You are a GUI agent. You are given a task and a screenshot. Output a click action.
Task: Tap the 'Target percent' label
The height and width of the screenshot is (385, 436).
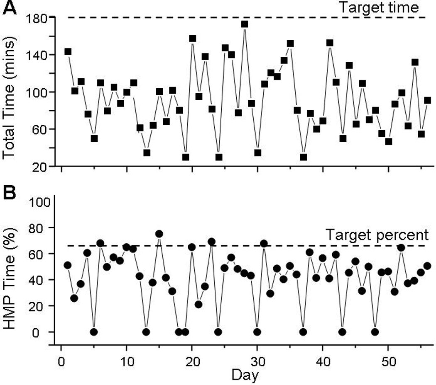(x=376, y=235)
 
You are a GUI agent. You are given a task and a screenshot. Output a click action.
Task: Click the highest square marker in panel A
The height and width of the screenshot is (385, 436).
(x=245, y=24)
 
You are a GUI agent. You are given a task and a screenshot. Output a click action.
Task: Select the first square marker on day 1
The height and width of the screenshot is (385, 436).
(x=68, y=52)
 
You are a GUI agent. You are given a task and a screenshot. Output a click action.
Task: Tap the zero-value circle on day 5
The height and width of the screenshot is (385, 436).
(x=94, y=332)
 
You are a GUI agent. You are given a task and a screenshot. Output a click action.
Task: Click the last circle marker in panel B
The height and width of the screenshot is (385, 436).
(x=427, y=266)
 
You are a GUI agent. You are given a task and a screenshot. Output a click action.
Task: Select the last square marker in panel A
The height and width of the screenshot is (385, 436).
(x=428, y=100)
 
